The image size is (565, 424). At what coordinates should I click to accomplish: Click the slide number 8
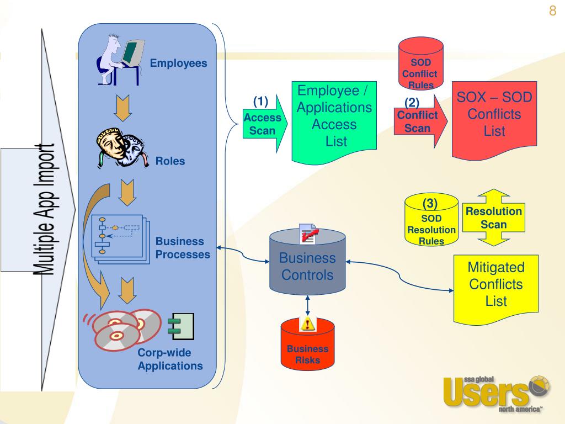552,12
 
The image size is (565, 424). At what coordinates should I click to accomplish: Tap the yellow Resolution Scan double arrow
493,218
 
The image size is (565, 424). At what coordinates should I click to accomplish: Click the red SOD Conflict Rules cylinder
421,66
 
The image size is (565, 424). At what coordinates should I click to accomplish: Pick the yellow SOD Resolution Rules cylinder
431,221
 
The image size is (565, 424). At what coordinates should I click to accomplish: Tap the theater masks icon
121,149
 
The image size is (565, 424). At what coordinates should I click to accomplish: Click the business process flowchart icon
120,237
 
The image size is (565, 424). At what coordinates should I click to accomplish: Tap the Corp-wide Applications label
170,359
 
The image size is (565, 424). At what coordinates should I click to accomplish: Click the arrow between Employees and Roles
122,108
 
